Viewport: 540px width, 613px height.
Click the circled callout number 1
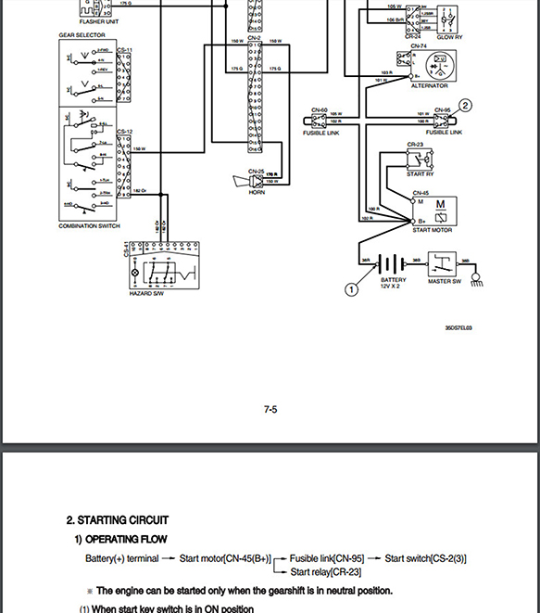tap(351, 289)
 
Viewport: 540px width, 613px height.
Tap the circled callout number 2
tap(466, 106)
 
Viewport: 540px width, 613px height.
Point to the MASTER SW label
tap(444, 282)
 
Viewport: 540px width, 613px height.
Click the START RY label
tap(421, 174)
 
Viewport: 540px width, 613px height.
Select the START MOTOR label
tap(432, 229)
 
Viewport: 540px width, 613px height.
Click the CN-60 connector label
tap(318, 109)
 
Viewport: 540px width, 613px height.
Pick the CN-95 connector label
tap(442, 109)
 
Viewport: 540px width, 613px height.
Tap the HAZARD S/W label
tap(145, 294)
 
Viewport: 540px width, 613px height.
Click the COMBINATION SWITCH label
tap(91, 226)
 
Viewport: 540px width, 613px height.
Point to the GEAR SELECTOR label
tap(82, 35)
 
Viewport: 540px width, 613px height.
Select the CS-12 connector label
tap(124, 132)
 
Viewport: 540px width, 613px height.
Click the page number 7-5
tap(270, 409)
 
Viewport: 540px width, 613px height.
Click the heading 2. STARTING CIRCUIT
tap(118, 520)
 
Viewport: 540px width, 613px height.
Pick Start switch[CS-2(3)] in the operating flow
tap(425, 558)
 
